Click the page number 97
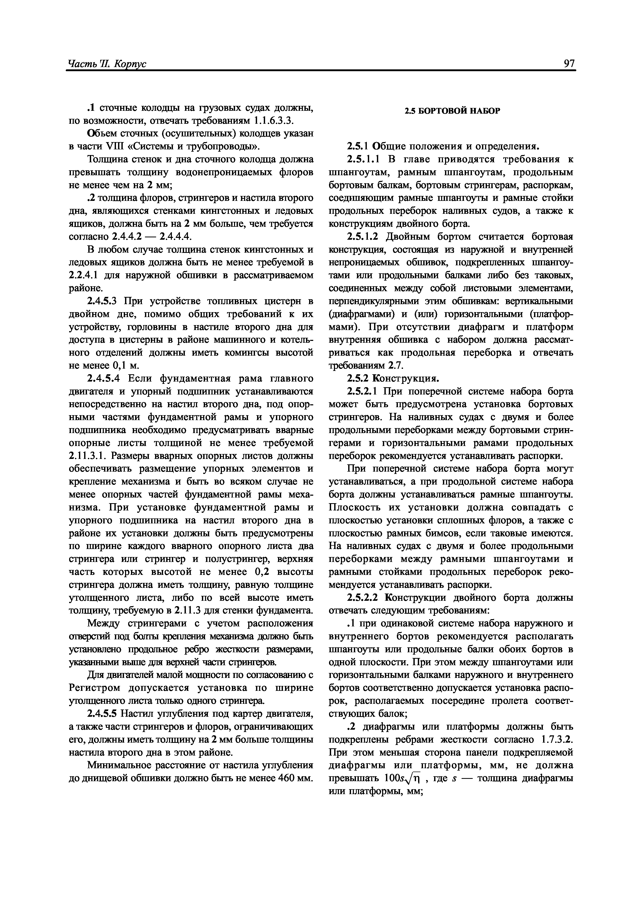569,64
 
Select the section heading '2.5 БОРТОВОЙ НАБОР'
452,111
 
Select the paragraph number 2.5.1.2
363,237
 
